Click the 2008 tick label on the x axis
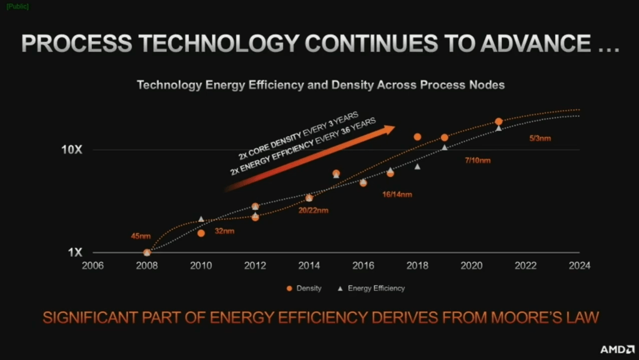[x=147, y=265]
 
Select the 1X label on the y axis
[x=75, y=252]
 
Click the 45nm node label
[x=141, y=236]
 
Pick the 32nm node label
[x=224, y=231]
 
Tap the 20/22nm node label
[x=313, y=211]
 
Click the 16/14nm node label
[x=397, y=194]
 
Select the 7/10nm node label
[x=477, y=161]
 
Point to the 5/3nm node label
[x=540, y=137]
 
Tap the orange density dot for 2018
[x=417, y=137]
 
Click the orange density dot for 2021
[x=498, y=121]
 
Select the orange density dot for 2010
[x=201, y=233]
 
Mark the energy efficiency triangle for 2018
[x=417, y=166]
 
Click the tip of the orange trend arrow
[x=394, y=127]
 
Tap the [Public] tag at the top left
[x=17, y=6]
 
